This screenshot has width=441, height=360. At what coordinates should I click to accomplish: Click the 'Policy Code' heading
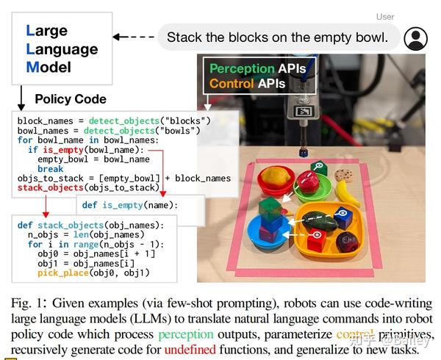click(x=71, y=98)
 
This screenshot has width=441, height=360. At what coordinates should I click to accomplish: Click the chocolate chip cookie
click(x=340, y=176)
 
